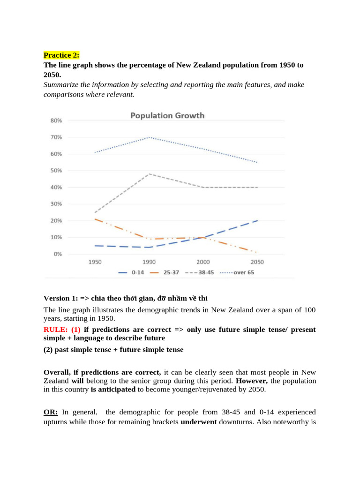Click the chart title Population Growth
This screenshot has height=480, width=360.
tap(167, 115)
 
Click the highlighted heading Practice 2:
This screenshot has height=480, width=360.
tap(61, 55)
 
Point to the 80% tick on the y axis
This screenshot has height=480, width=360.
tap(56, 120)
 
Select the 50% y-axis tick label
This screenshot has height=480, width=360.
tap(56, 171)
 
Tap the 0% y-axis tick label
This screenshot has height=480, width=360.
tap(57, 254)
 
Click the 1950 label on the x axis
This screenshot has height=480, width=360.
tap(95, 262)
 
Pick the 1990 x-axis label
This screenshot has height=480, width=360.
tap(149, 262)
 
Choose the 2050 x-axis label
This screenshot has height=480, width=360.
tap(257, 262)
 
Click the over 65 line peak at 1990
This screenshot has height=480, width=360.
tap(149, 137)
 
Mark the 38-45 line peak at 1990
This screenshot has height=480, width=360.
tap(149, 174)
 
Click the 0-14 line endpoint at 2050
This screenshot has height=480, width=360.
tap(257, 220)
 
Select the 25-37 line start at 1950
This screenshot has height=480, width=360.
tap(95, 219)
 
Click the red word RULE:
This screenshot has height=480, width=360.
tap(56, 330)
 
